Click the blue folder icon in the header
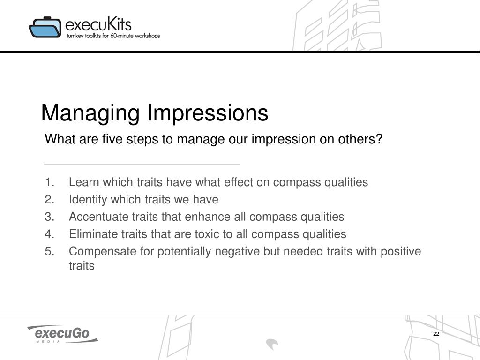[45, 27]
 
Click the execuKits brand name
[98, 24]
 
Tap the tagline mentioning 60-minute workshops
[113, 36]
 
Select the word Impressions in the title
[208, 112]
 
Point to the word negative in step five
[237, 252]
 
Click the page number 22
[436, 334]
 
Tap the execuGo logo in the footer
[63, 334]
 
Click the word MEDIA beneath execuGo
[48, 341]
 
